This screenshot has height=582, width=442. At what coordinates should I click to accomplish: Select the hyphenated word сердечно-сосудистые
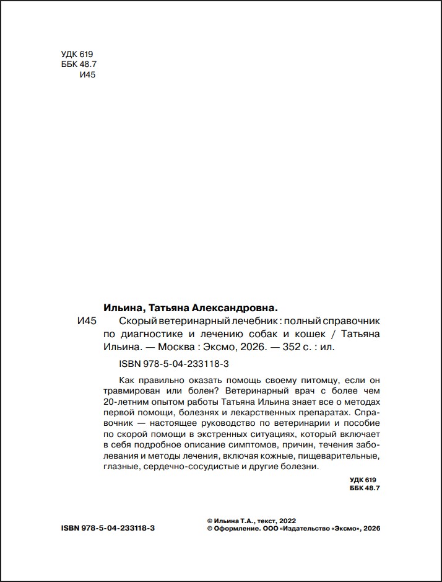(187, 467)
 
